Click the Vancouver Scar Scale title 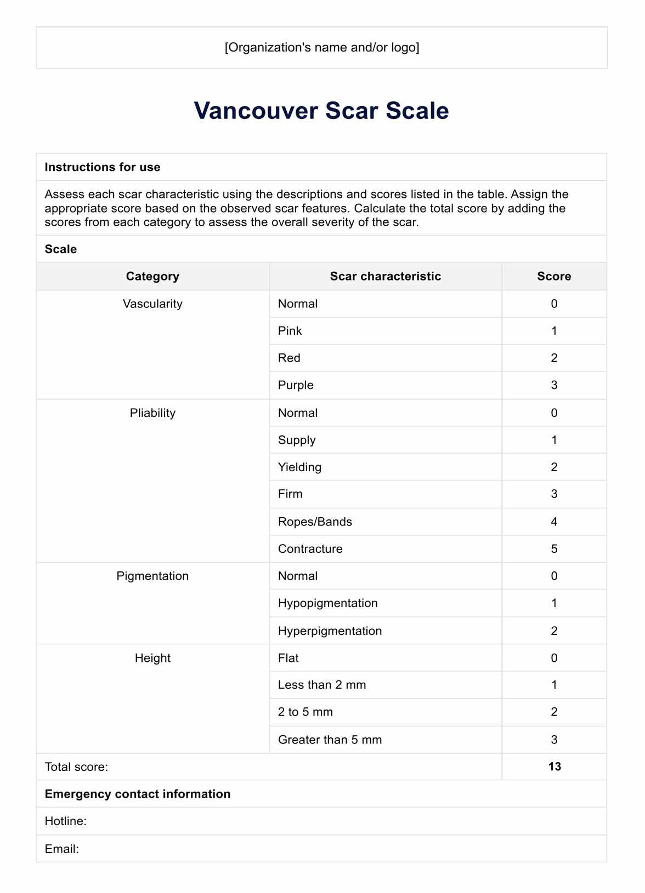point(321,111)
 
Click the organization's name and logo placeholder point(321,48)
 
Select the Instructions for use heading point(103,167)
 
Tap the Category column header point(152,276)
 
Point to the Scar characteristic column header point(385,276)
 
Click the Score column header point(554,276)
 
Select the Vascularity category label point(152,304)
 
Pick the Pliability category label point(152,413)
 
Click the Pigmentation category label point(152,576)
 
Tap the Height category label point(152,658)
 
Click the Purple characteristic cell point(296,385)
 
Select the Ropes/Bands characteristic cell point(315,522)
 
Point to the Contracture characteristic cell point(310,549)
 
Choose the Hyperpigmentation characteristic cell point(330,631)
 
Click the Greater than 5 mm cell point(330,740)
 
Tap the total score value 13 point(554,766)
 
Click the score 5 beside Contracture point(554,549)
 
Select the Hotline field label point(66,821)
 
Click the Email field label point(62,849)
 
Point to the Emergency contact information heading point(138,794)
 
